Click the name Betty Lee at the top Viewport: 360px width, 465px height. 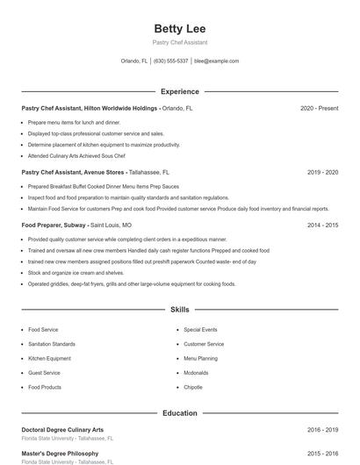[x=179, y=29]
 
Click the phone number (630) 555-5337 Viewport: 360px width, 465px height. [x=170, y=61]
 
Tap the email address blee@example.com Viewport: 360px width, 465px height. [x=216, y=61]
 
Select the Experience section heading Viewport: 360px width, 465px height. [x=179, y=91]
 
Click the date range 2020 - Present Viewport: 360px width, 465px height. [x=319, y=108]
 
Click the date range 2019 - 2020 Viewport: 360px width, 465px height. [x=322, y=173]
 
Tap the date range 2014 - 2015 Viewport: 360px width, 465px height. [x=322, y=225]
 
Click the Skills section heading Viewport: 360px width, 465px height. [x=179, y=310]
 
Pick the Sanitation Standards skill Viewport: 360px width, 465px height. [x=51, y=344]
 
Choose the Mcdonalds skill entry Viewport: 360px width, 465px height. [x=196, y=373]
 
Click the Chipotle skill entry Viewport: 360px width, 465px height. [x=193, y=387]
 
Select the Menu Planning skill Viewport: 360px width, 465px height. [x=200, y=358]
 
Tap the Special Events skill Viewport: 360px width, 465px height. [x=201, y=330]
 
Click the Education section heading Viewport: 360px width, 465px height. [x=179, y=412]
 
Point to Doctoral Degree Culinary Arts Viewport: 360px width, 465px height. [x=62, y=430]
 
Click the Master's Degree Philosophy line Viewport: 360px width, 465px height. [x=60, y=454]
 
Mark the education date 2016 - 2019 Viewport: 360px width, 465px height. [x=322, y=430]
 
